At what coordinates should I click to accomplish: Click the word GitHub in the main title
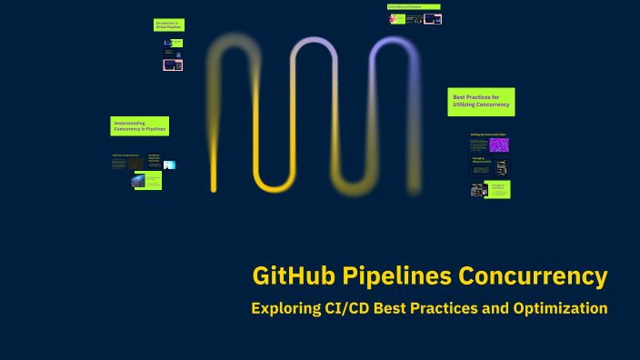[x=288, y=275]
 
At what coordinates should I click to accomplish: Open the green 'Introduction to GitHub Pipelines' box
[x=168, y=25]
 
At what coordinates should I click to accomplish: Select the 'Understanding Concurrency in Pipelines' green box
[x=139, y=126]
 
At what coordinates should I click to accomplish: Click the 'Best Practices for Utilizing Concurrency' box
[x=481, y=102]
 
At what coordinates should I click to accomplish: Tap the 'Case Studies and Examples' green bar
[x=414, y=6]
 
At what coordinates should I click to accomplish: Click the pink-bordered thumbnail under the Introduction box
[x=173, y=65]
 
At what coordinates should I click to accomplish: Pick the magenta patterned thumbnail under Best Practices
[x=499, y=144]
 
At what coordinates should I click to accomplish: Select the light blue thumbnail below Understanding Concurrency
[x=169, y=165]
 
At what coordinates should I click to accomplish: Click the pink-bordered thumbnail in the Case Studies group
[x=433, y=19]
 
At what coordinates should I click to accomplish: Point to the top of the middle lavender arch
[x=313, y=40]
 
